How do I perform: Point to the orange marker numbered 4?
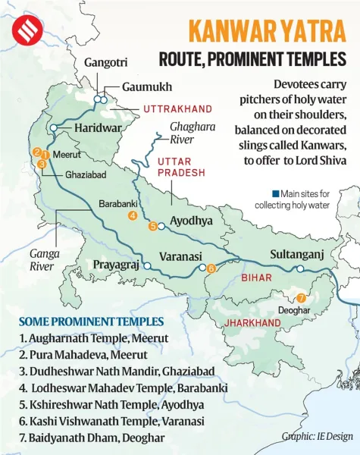pyautogui.click(x=133, y=215)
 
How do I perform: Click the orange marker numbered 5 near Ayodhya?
pyautogui.click(x=152, y=226)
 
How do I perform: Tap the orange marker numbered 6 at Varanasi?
pyautogui.click(x=211, y=268)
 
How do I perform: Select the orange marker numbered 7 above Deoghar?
pyautogui.click(x=301, y=298)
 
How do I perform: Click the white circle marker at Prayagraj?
pyautogui.click(x=148, y=265)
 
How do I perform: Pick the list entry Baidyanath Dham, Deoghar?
pyautogui.click(x=89, y=438)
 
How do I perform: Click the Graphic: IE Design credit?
pyautogui.click(x=316, y=436)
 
